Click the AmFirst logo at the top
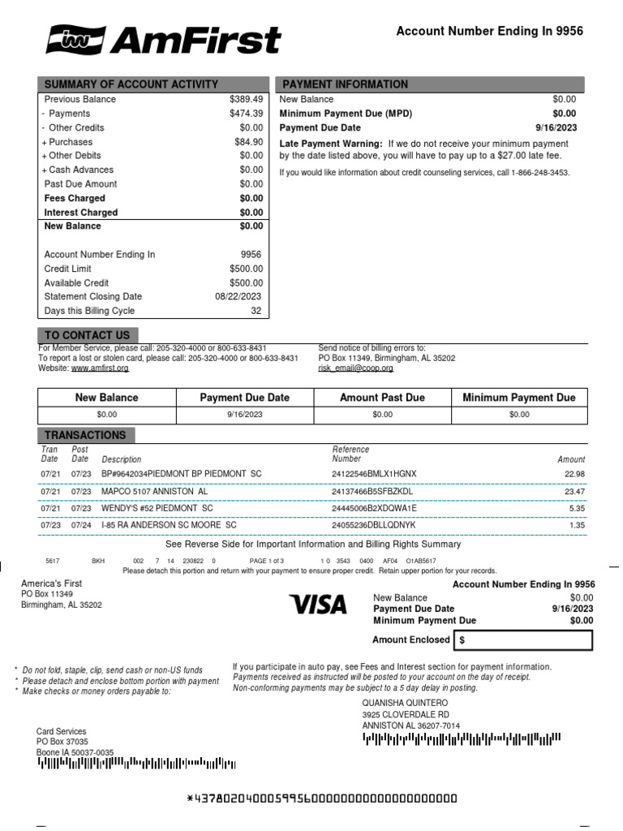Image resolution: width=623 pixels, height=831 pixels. click(163, 39)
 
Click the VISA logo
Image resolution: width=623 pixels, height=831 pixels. click(318, 604)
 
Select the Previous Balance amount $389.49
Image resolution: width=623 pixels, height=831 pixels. click(246, 99)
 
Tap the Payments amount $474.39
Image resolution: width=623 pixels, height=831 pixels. click(246, 114)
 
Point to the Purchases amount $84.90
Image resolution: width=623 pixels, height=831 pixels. click(248, 142)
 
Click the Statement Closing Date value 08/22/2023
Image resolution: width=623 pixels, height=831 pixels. click(238, 297)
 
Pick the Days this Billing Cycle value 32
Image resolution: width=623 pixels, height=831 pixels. click(256, 311)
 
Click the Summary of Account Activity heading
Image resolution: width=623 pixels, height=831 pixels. click(131, 84)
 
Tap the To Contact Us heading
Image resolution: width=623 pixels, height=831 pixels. click(87, 335)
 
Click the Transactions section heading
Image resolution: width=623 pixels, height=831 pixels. click(85, 435)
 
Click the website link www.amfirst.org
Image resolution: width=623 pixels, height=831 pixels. click(100, 368)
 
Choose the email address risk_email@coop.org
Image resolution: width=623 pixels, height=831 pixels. click(355, 368)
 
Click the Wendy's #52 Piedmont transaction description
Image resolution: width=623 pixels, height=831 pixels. click(157, 508)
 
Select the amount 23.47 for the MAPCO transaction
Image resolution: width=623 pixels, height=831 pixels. click(574, 491)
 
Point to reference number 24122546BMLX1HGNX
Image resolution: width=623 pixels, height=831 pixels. click(373, 474)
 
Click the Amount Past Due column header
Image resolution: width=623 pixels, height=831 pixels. click(381, 398)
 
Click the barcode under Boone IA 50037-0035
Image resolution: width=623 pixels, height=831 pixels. click(136, 764)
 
